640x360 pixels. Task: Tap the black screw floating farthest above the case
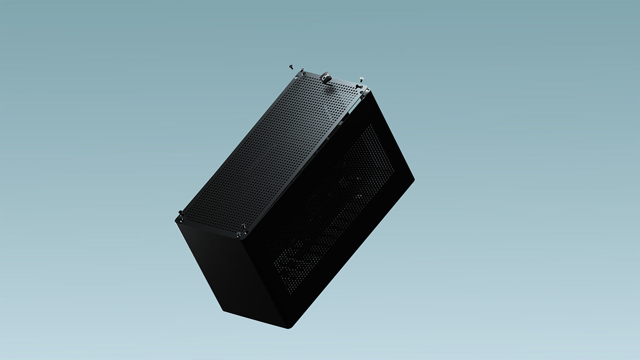click(291, 66)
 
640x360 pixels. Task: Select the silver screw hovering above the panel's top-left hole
click(302, 70)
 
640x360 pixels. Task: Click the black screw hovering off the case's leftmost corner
click(179, 215)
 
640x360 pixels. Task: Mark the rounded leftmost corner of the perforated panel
click(176, 220)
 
